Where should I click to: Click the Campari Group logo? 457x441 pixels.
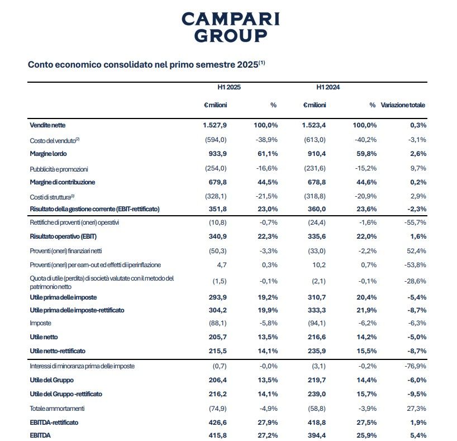point(231,27)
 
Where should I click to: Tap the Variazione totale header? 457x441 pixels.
point(403,105)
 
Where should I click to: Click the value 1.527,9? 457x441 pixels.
point(215,125)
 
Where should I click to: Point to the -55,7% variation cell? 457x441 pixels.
point(415,222)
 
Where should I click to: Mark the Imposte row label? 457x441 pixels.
point(41,323)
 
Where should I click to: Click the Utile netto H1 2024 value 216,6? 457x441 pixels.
point(316,337)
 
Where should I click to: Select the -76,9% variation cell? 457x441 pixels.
point(415,366)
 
